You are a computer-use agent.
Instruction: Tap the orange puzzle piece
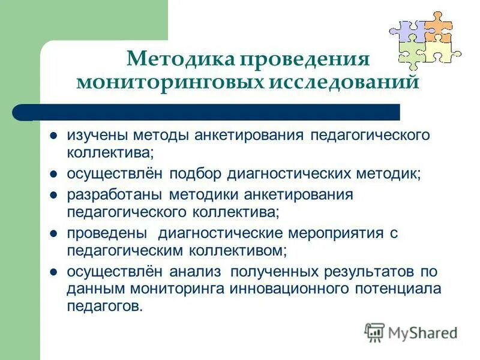438,27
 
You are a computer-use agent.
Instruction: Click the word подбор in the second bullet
196,173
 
